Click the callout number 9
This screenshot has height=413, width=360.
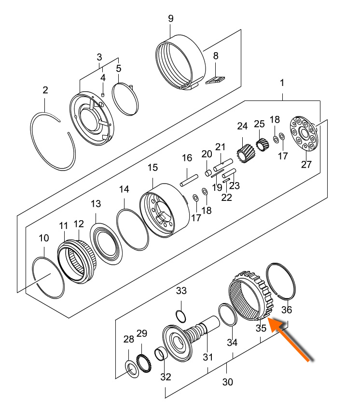(x=170, y=19)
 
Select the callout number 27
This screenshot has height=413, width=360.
(x=306, y=164)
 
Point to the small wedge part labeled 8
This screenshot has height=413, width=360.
(x=216, y=80)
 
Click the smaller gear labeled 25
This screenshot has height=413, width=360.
(x=261, y=144)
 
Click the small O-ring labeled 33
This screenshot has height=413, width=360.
(x=180, y=316)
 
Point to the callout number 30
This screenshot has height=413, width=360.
(x=228, y=382)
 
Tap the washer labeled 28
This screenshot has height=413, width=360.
(x=130, y=369)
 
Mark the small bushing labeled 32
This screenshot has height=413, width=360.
(x=161, y=356)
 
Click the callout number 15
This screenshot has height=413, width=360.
(x=152, y=168)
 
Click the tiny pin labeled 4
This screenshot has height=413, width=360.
(x=102, y=94)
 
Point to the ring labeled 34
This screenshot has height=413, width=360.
(x=227, y=315)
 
